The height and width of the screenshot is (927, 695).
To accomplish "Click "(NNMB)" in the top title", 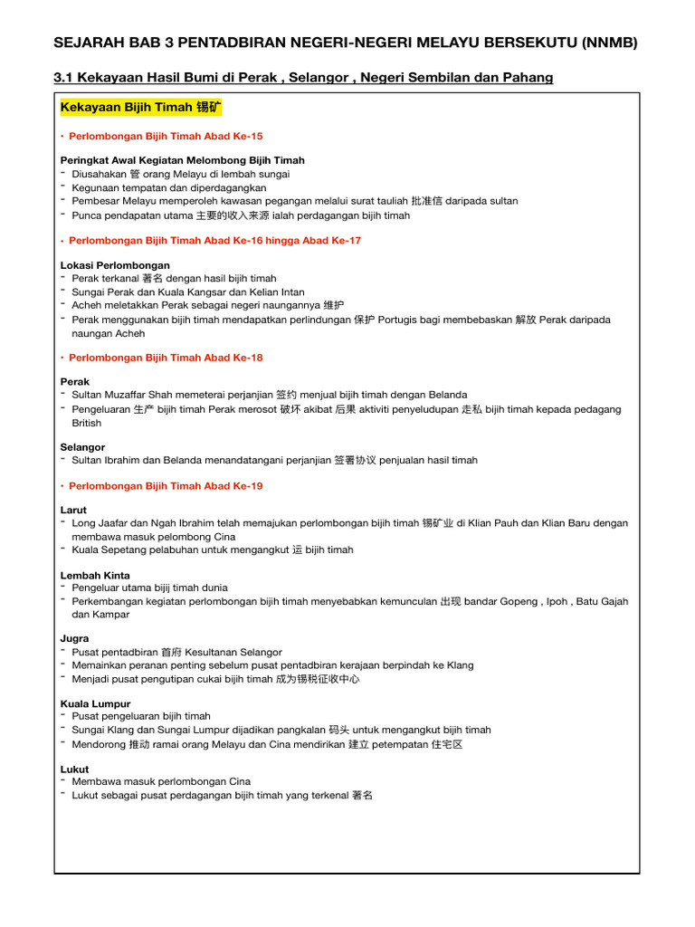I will (x=605, y=42).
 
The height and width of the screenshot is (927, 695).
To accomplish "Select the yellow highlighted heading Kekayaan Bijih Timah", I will (x=140, y=108).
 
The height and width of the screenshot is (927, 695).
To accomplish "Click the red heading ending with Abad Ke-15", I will (x=166, y=136).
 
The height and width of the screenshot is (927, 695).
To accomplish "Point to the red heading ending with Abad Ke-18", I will (x=166, y=358).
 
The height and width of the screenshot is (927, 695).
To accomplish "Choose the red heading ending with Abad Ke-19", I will (x=166, y=486).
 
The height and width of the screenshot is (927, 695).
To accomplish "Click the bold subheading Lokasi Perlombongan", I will (x=115, y=265).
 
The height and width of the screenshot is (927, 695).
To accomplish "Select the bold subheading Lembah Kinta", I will (x=95, y=575).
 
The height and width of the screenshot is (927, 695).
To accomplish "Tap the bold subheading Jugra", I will (x=74, y=638).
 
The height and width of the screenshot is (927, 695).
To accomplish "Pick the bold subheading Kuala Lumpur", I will (x=95, y=703).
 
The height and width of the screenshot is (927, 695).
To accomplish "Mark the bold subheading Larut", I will (x=73, y=510).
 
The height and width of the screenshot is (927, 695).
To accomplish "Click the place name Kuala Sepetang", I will (x=113, y=550).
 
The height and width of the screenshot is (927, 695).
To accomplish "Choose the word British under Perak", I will (x=87, y=423).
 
